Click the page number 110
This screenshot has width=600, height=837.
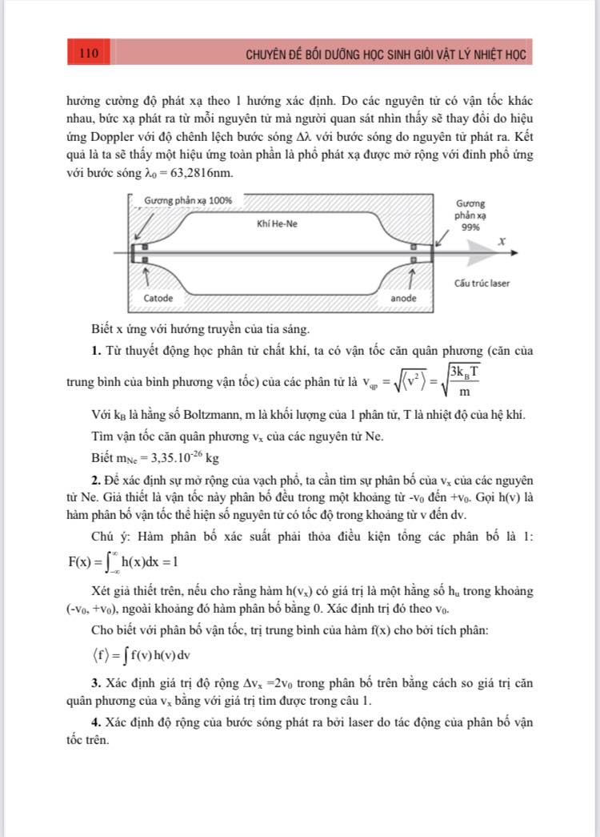pyautogui.click(x=89, y=54)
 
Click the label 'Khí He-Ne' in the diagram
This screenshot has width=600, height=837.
pyautogui.click(x=277, y=223)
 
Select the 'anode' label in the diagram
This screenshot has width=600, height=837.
pyautogui.click(x=403, y=298)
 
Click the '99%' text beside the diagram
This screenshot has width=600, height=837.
pyautogui.click(x=470, y=227)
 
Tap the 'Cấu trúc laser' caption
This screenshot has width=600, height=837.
pyautogui.click(x=481, y=284)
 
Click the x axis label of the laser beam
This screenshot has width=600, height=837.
pyautogui.click(x=502, y=241)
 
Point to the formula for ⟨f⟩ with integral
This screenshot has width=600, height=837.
pyautogui.click(x=130, y=655)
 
